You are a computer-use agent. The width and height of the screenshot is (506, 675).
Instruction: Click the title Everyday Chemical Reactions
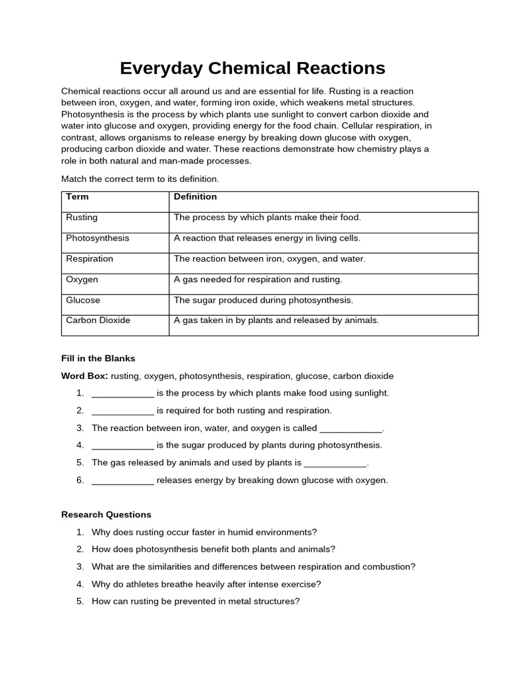[252, 68]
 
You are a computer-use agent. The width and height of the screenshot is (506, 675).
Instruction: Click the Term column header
[77, 196]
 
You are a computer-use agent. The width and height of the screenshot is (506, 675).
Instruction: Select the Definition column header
[195, 196]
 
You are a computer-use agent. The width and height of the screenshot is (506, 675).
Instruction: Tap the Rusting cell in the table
[82, 217]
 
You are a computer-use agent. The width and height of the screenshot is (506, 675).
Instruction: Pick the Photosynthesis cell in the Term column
[98, 238]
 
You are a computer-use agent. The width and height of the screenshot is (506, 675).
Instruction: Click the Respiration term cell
[90, 258]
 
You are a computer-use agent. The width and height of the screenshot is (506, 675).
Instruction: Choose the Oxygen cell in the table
[82, 279]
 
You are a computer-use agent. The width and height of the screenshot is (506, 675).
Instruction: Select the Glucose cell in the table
[83, 300]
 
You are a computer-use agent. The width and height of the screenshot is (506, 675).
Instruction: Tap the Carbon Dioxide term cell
[98, 320]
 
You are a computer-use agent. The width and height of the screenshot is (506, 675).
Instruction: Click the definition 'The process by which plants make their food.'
[267, 217]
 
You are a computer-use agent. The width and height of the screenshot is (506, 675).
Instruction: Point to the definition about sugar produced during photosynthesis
[264, 300]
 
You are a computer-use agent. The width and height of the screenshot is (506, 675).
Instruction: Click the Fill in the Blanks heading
[98, 359]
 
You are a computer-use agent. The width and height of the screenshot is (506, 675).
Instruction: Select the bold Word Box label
[84, 376]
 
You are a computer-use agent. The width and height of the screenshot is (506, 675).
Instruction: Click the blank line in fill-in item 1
[123, 394]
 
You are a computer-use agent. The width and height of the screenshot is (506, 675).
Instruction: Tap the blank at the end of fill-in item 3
[351, 428]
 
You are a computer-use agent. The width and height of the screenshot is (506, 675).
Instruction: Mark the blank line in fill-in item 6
[123, 481]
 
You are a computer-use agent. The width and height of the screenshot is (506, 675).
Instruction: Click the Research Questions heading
[106, 515]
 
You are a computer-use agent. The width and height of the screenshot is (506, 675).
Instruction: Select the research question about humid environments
[204, 532]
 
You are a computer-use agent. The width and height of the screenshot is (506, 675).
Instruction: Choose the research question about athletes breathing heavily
[206, 584]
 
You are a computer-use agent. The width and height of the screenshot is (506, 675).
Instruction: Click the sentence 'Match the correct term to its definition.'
[140, 179]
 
